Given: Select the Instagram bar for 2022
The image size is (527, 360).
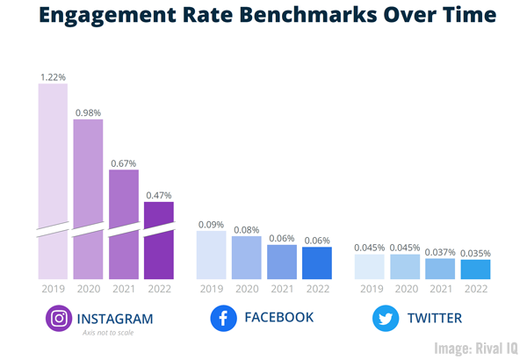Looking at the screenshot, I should [x=159, y=241].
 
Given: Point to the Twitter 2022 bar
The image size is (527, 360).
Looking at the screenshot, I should [x=474, y=269].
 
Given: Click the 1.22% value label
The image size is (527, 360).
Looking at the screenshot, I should [x=53, y=77].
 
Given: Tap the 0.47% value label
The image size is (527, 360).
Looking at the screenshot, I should [x=159, y=195].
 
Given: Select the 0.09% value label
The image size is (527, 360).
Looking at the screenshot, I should [x=212, y=224].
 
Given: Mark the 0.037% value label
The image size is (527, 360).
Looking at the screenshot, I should [x=439, y=252].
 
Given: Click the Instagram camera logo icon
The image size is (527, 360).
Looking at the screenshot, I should [x=59, y=318].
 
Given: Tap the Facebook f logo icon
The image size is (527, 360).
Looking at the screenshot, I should [x=224, y=318].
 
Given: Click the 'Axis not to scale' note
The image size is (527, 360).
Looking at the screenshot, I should [x=107, y=334].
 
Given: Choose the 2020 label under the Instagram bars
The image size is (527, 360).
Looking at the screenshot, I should [x=88, y=288].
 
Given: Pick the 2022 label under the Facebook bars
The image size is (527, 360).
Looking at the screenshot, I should [x=317, y=288].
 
